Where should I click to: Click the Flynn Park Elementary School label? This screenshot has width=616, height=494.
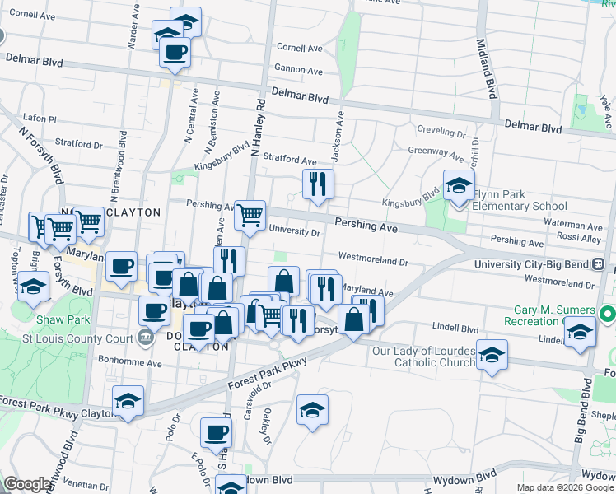[519, 200]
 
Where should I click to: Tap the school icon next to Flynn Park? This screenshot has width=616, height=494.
[459, 185]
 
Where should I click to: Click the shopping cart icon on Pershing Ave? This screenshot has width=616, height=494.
[250, 216]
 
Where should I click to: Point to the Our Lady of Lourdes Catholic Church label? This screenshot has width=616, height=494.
[424, 357]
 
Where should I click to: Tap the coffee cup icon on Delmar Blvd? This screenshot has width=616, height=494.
[174, 54]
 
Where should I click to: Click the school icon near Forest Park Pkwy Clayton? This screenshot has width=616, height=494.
[128, 402]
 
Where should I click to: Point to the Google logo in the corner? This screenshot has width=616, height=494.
[26, 485]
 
